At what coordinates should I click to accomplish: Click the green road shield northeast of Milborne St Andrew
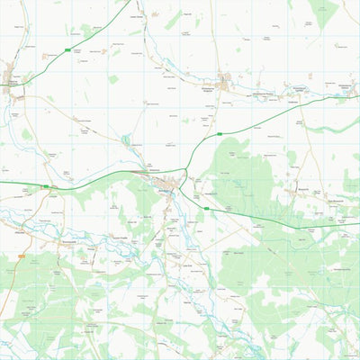(x=67, y=49)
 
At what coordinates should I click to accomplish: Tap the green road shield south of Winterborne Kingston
(x=217, y=135)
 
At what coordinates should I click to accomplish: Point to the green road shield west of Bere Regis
(x=46, y=187)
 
